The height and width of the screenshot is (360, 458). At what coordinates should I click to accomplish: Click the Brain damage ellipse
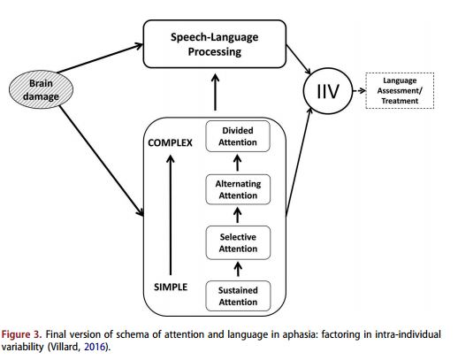tap(41, 89)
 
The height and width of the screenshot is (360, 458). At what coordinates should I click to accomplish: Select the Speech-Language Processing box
tap(215, 44)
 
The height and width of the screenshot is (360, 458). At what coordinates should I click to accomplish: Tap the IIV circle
tap(328, 91)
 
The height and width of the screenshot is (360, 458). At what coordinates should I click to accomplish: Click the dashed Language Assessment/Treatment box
tap(400, 90)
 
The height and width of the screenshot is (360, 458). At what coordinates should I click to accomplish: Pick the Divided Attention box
tap(238, 136)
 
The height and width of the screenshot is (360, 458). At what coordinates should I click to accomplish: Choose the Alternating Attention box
tap(238, 189)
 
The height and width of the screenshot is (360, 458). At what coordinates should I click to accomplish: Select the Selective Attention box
tap(238, 242)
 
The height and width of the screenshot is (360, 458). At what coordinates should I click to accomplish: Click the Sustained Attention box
tap(238, 296)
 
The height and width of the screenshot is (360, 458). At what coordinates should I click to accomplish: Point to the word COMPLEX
tap(170, 143)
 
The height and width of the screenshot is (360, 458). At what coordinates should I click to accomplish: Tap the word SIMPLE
tap(171, 287)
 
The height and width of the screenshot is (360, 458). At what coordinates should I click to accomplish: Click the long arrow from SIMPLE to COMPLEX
tap(171, 215)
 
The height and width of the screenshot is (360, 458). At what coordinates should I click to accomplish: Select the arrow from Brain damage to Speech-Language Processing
tap(100, 58)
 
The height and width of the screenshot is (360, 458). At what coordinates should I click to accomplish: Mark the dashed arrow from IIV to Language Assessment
tap(359, 91)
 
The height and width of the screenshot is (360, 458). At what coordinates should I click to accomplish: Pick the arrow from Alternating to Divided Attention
tap(238, 163)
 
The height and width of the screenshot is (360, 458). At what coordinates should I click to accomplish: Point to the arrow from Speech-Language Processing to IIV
tap(299, 59)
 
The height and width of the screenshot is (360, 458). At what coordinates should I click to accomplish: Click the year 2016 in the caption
tap(95, 347)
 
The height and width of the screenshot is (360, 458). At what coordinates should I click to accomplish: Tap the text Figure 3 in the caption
tap(22, 334)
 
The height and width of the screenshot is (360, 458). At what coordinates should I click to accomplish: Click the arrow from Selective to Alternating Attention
tap(238, 215)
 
